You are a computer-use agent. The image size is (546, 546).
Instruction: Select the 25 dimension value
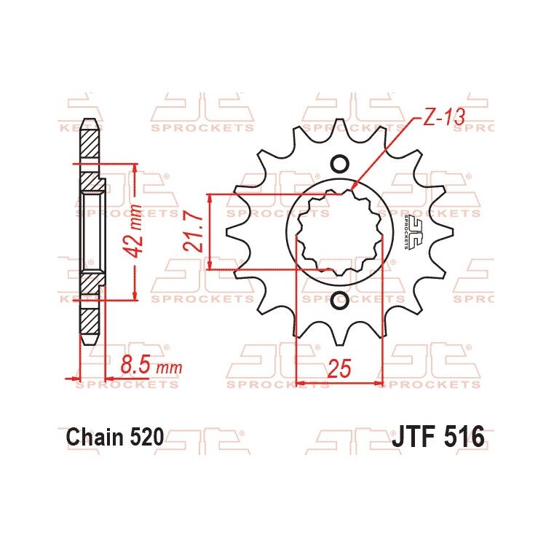[340, 369]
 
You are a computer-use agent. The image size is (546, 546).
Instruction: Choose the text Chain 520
[115, 438]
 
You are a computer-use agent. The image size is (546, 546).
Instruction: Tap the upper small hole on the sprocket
[339, 163]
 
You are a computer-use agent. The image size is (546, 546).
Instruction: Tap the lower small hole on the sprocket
[339, 299]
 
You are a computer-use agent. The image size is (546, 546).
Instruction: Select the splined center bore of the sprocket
[339, 232]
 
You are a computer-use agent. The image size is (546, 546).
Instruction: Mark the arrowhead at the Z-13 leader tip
[352, 189]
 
